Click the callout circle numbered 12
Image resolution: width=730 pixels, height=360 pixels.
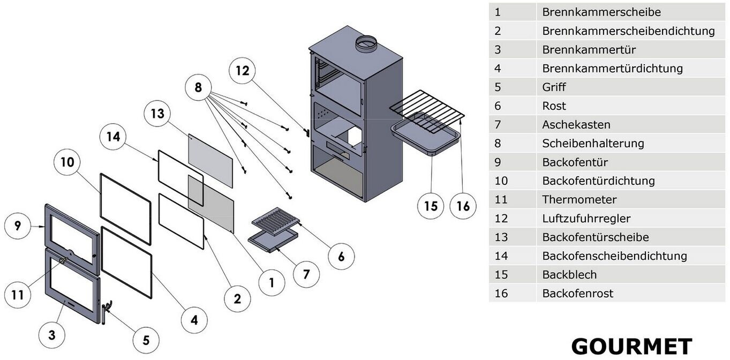coord(243,71)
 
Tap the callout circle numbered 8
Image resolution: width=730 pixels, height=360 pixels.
coord(198,87)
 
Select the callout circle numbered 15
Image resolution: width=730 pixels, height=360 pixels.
coord(431,206)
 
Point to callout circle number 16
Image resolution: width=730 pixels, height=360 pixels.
coord(463,206)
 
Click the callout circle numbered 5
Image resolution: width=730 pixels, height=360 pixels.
coord(146,340)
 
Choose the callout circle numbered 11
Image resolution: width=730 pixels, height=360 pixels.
coord(18,295)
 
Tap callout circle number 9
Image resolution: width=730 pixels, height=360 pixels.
coord(18,226)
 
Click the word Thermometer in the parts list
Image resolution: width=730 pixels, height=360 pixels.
coord(580,200)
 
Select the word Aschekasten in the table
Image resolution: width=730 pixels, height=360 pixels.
coord(576,125)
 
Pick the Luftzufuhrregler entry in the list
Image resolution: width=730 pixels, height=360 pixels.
coord(586,219)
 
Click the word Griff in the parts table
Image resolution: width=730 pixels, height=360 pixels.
coord(554,87)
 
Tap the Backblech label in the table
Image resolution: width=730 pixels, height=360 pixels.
coord(569,275)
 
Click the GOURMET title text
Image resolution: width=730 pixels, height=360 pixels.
coord(631,347)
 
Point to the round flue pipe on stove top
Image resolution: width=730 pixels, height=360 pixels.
coord(367,44)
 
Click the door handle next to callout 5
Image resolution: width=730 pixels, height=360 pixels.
coord(106,309)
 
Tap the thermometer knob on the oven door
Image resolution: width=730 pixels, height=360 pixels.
coord(63,261)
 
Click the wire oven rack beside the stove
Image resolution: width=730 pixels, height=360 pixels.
coord(427,110)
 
